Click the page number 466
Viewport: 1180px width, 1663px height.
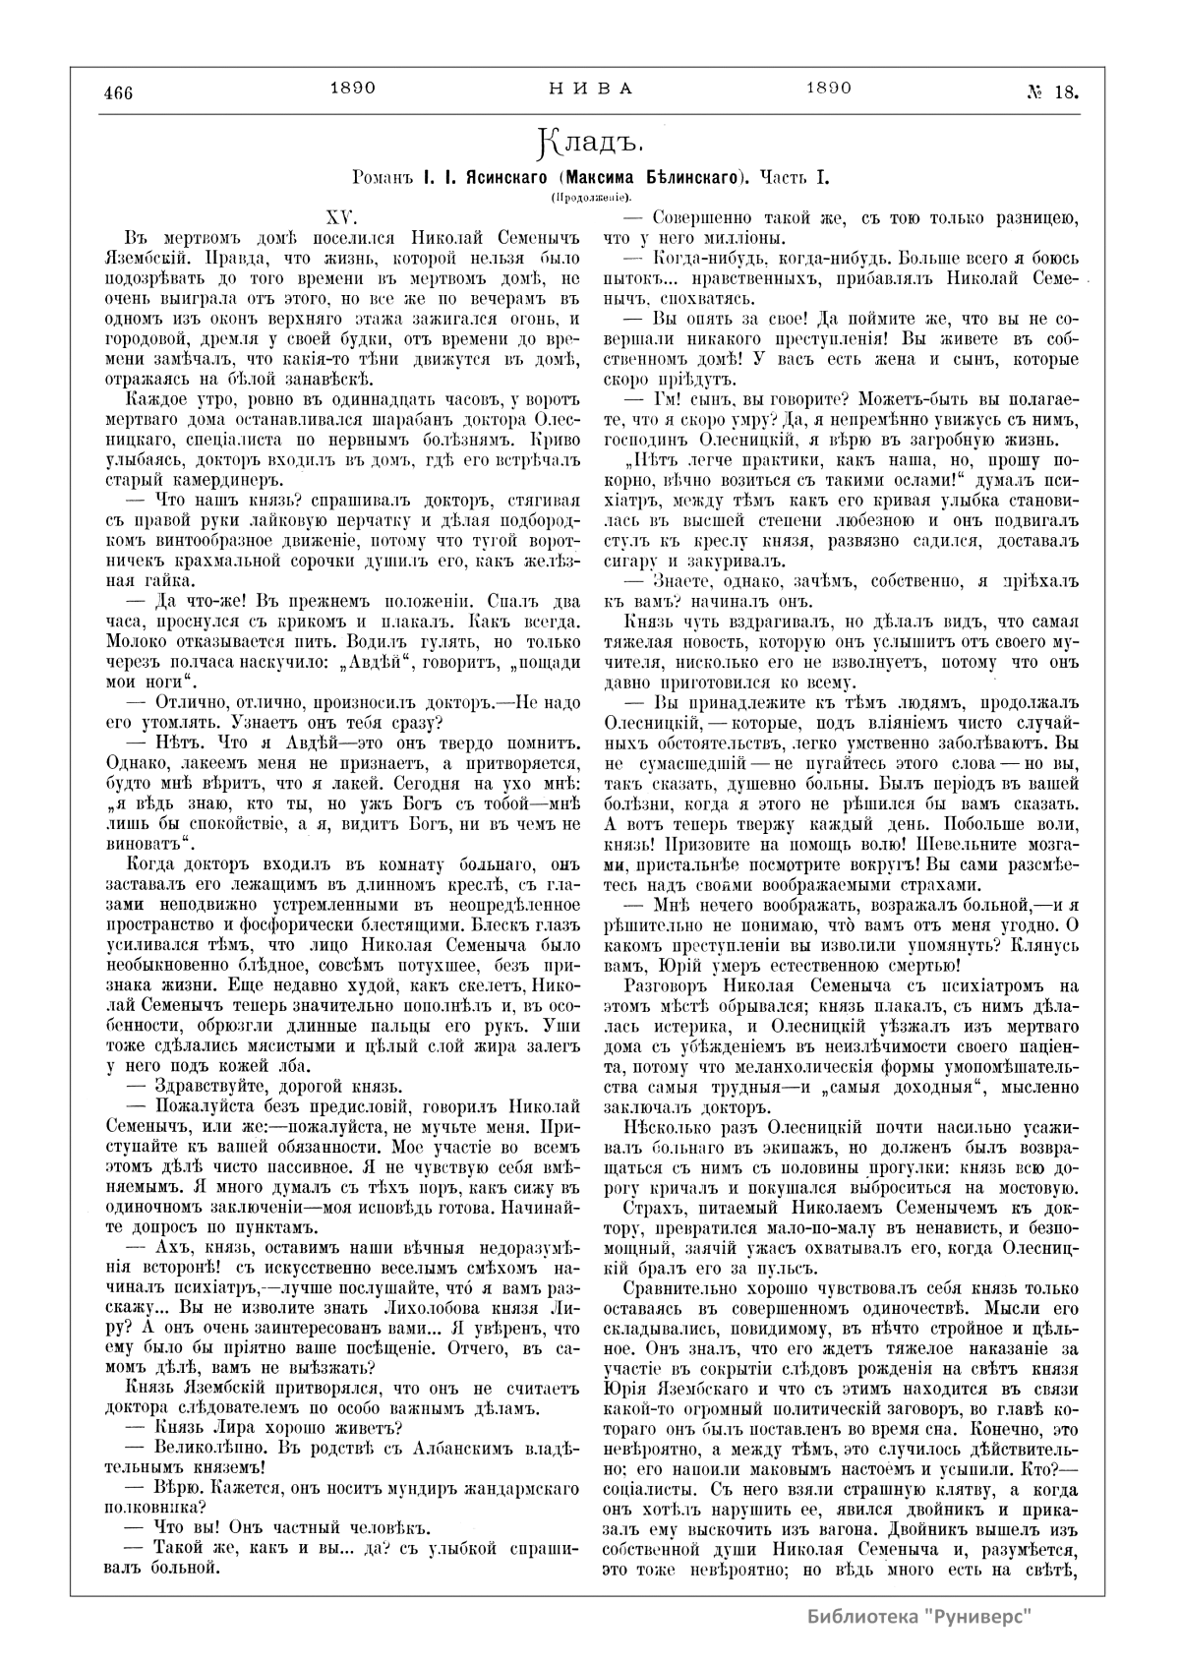(118, 93)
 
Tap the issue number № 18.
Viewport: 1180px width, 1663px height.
(1052, 92)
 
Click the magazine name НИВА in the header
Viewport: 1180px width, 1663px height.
(590, 88)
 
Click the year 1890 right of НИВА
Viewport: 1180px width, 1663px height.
(828, 88)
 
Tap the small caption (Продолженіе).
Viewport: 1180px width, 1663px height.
(591, 200)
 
